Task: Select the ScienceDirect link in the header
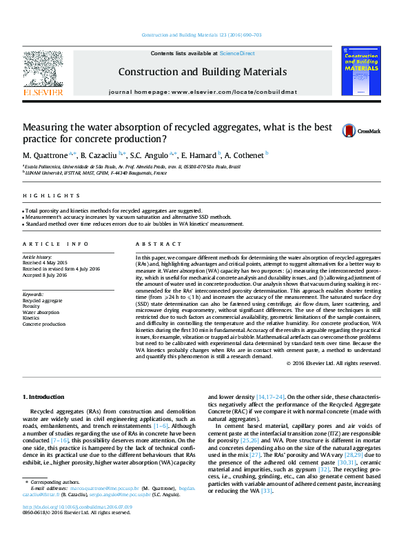[x=237, y=53]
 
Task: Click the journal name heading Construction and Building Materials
[x=203, y=72]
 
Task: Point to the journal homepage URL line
[x=203, y=92]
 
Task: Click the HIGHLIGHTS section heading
[x=42, y=195]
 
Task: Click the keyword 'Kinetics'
[x=33, y=317]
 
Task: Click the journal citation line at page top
[x=201, y=35]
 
